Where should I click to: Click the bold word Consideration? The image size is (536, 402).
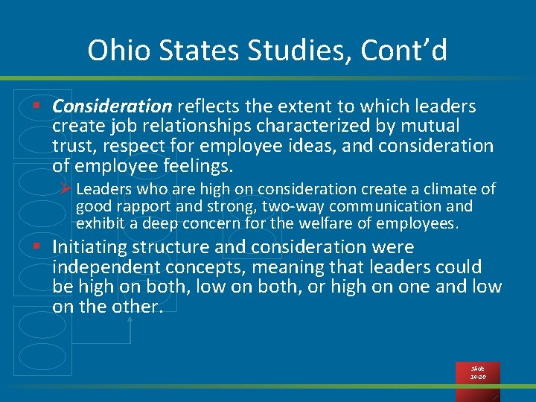coord(112,106)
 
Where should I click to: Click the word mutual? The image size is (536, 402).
coord(431,126)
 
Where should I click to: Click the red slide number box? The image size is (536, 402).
coord(477,373)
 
